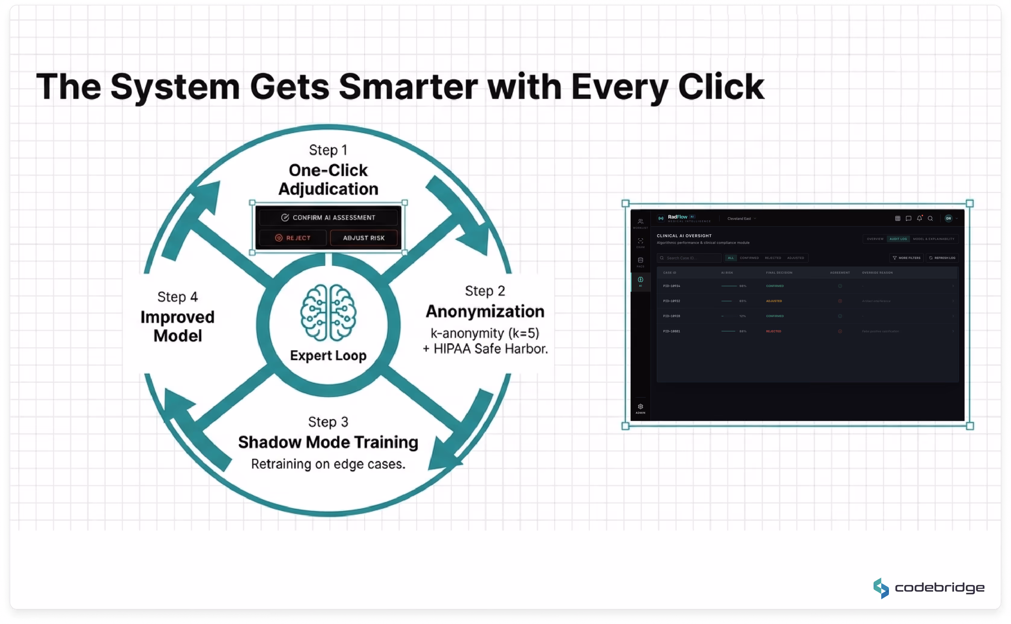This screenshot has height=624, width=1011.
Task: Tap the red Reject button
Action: pyautogui.click(x=293, y=238)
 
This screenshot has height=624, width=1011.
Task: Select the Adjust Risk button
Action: pyautogui.click(x=364, y=238)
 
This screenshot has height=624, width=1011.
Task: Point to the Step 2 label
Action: pyautogui.click(x=485, y=291)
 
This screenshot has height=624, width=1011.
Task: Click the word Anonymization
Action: pyautogui.click(x=485, y=312)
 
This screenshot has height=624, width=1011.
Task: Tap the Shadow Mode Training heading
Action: pyautogui.click(x=328, y=443)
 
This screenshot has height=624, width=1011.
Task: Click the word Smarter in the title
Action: pyautogui.click(x=408, y=87)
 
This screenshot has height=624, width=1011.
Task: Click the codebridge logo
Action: pyautogui.click(x=928, y=588)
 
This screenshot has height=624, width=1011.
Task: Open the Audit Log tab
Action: pyautogui.click(x=898, y=239)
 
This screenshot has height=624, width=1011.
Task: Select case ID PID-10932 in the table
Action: pyautogui.click(x=671, y=301)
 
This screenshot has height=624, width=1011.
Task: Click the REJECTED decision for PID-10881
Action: pyautogui.click(x=773, y=331)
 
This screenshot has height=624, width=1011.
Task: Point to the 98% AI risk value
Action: pyautogui.click(x=743, y=286)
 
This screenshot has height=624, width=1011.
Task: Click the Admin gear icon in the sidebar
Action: pyautogui.click(x=641, y=407)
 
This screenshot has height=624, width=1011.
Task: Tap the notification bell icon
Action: pyautogui.click(x=919, y=218)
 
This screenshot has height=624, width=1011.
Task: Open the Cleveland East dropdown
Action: pyautogui.click(x=741, y=219)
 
